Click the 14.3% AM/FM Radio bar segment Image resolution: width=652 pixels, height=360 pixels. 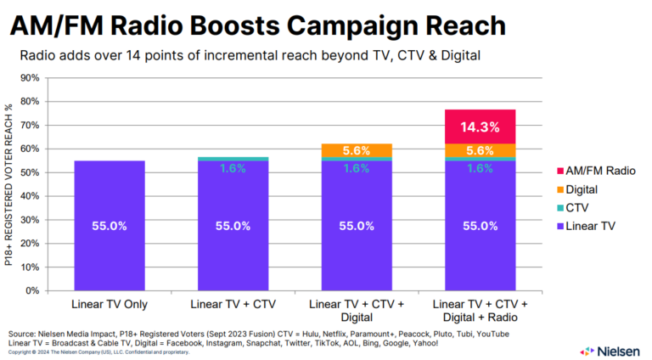pyautogui.click(x=480, y=127)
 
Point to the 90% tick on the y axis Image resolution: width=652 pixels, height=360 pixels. pyautogui.click(x=30, y=78)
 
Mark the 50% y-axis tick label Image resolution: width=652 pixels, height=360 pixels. pyautogui.click(x=30, y=172)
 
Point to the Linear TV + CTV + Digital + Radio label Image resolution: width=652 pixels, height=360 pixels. pyautogui.click(x=480, y=309)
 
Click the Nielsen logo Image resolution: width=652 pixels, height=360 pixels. pyautogui.click(x=610, y=350)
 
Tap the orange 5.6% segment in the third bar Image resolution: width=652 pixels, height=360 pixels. pyautogui.click(x=357, y=151)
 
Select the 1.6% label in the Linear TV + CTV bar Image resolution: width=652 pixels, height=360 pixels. pyautogui.click(x=233, y=168)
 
